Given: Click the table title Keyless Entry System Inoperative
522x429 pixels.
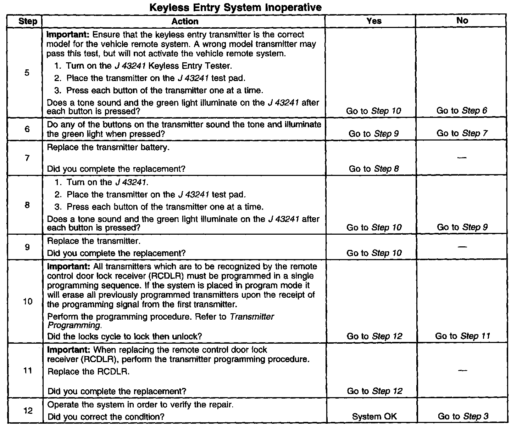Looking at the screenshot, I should coord(235,7).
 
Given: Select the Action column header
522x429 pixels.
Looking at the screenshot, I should coord(185,21).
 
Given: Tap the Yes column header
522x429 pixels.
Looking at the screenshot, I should coord(374,21).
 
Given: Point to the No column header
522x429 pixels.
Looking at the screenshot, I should coord(462,21).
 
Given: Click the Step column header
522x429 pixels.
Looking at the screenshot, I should coord(28,21).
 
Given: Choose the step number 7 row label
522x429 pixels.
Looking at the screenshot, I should coord(27,158).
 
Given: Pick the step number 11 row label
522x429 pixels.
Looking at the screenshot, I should coord(27,371).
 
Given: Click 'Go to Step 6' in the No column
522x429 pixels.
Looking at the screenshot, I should coord(462,110).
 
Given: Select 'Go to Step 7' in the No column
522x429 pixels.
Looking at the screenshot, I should coord(462,133).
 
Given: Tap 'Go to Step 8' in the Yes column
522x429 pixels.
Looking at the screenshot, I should coord(374,169).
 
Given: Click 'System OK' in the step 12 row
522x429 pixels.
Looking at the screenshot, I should coord(374,417).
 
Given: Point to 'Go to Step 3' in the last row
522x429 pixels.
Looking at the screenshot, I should coord(463,417).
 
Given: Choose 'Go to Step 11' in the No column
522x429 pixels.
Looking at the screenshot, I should coord(462,336).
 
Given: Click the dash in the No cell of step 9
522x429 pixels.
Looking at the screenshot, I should coord(462,246).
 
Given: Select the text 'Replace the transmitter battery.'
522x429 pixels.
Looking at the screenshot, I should coord(108,147).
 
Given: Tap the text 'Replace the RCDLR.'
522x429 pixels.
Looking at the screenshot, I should coord(88,372).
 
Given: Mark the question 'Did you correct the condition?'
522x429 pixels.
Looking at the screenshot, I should coord(106,417).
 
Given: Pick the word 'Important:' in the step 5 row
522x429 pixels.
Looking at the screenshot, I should coord(68,35).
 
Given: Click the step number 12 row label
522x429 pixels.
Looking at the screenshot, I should coord(28,411).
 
